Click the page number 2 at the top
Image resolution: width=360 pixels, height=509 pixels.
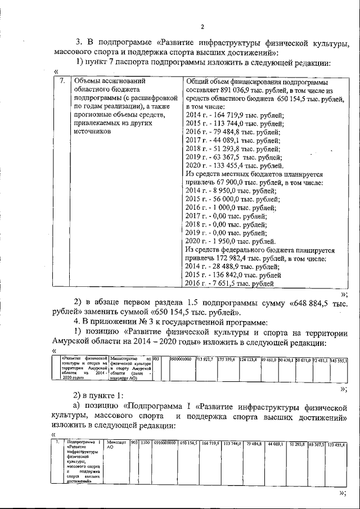coord(202,26)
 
